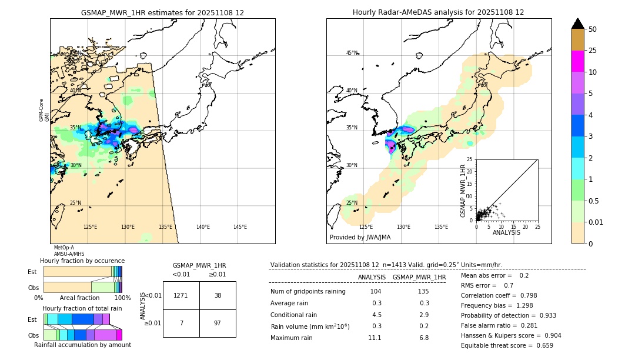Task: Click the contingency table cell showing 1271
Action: [181, 295]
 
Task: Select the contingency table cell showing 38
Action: [218, 295]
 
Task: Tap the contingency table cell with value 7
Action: [181, 324]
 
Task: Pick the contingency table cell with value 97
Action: [218, 324]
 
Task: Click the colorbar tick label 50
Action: [593, 29]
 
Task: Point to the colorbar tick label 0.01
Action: [596, 222]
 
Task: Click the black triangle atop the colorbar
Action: [578, 24]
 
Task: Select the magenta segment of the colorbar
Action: [578, 61]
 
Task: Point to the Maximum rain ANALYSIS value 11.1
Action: [375, 338]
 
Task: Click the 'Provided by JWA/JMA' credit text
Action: [360, 238]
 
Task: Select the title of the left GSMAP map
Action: [162, 12]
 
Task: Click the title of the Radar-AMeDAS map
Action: [438, 12]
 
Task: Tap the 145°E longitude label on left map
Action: [240, 227]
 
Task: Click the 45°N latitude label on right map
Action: [352, 53]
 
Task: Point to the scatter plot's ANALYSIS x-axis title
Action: [506, 232]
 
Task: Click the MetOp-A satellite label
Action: [64, 248]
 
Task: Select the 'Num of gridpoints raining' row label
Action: [308, 291]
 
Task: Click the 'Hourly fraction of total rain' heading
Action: [82, 308]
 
